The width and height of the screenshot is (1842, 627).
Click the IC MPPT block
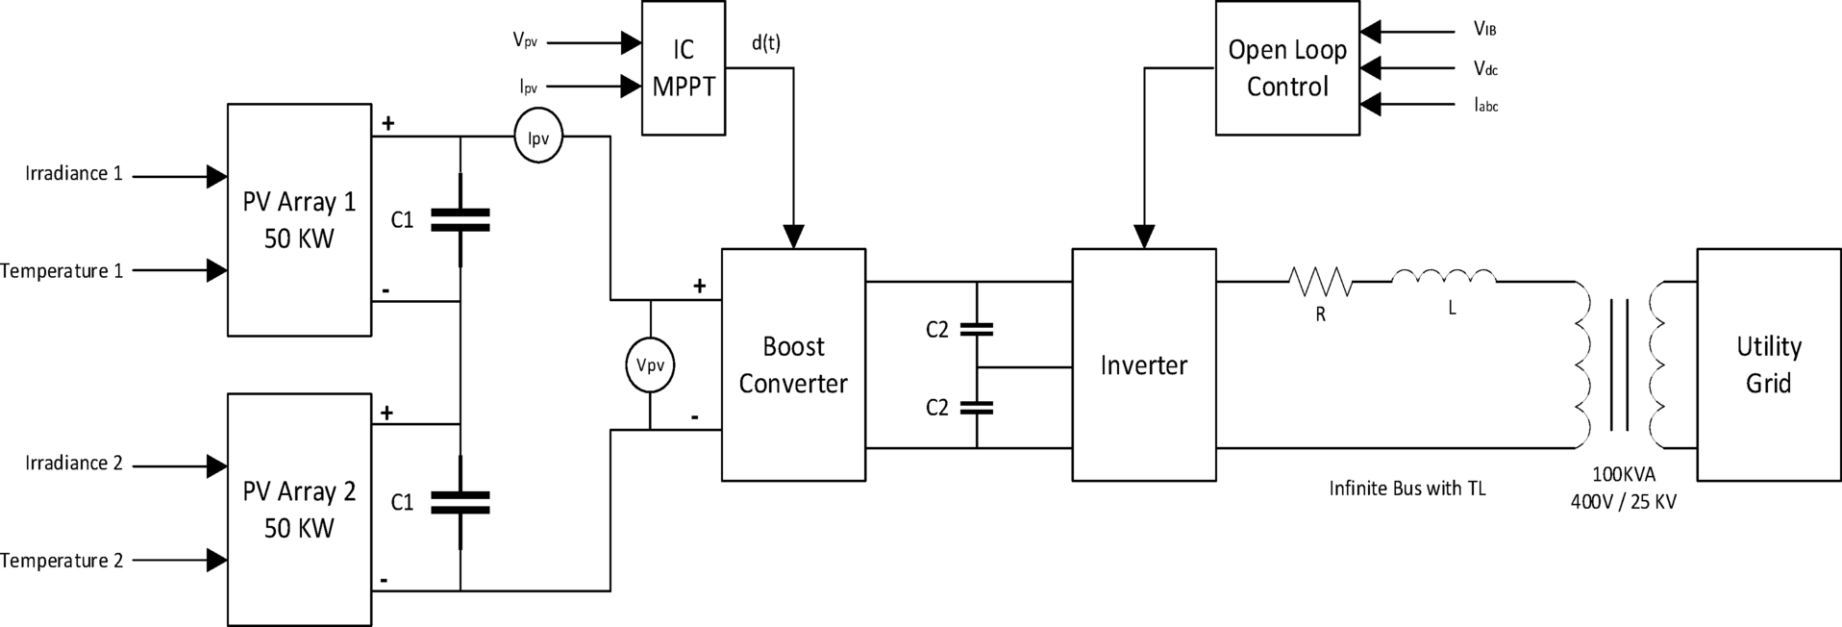[684, 67]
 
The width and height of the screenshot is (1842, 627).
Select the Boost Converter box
[793, 364]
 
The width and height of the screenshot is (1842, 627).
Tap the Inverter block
[1143, 364]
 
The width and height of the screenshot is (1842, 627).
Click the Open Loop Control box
[1287, 67]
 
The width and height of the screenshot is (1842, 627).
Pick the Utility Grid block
[1768, 364]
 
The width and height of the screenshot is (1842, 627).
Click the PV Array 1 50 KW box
[299, 220]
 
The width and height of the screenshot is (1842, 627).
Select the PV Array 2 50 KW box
[299, 510]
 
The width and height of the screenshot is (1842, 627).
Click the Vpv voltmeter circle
[650, 365]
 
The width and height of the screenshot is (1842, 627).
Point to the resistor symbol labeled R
[1320, 282]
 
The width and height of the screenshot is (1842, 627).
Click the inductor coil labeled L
[1444, 278]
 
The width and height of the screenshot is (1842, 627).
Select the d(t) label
[766, 43]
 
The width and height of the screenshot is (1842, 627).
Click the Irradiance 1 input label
[74, 174]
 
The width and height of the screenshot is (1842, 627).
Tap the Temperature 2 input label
[62, 561]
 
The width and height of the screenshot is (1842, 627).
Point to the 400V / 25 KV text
[1623, 502]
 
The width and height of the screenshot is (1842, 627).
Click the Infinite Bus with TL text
[1406, 489]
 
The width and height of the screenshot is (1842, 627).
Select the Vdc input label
[1485, 68]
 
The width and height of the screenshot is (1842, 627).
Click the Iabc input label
[1485, 106]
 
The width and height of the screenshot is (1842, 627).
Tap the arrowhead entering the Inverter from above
[1143, 237]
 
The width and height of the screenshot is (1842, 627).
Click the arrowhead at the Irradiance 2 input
[216, 466]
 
